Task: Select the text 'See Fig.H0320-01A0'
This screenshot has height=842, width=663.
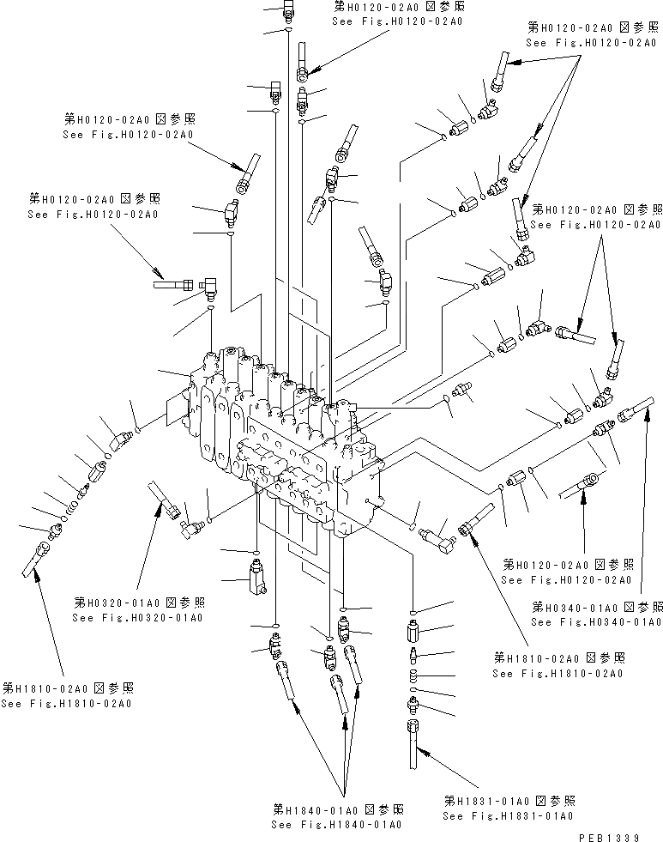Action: [138, 617]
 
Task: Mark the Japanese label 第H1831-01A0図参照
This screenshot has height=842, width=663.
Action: [509, 800]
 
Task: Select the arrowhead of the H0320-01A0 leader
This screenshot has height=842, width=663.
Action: [158, 506]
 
